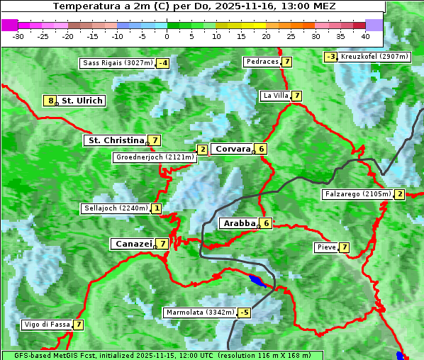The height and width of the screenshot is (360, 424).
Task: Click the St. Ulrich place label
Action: pyautogui.click(x=82, y=101)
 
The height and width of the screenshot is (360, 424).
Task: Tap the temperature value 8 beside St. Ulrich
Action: pyautogui.click(x=50, y=101)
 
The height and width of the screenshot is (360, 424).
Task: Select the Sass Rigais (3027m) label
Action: pyautogui.click(x=118, y=63)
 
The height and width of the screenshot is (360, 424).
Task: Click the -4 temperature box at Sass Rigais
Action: pyautogui.click(x=163, y=63)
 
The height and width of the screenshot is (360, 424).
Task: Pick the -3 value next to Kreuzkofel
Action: pyautogui.click(x=330, y=57)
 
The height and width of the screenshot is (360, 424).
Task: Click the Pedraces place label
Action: pyautogui.click(x=262, y=62)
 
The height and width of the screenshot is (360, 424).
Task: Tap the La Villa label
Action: pyautogui.click(x=275, y=96)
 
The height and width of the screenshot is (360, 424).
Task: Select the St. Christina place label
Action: pyautogui.click(x=115, y=140)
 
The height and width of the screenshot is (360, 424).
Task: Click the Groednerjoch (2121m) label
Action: pyautogui.click(x=155, y=157)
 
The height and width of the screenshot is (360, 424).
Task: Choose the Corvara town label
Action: pyautogui.click(x=233, y=149)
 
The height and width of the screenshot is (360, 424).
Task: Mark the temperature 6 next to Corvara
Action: pyautogui.click(x=262, y=149)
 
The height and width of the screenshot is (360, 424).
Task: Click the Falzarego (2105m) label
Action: pyautogui.click(x=357, y=194)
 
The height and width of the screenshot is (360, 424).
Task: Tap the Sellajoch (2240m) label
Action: pyautogui.click(x=116, y=208)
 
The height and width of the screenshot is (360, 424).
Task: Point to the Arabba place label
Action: pyautogui.click(x=239, y=223)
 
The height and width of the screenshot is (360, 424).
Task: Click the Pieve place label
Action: pyautogui.click(x=326, y=247)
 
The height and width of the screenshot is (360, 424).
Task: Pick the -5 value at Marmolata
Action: pyautogui.click(x=245, y=313)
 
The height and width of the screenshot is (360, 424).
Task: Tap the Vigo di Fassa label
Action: pyautogui.click(x=47, y=325)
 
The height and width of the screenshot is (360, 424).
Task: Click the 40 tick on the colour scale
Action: pyautogui.click(x=365, y=35)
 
